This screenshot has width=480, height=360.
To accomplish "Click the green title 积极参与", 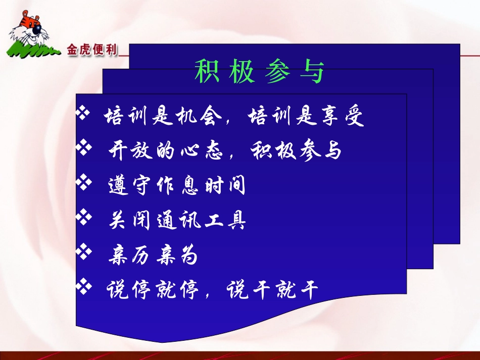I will [259, 72].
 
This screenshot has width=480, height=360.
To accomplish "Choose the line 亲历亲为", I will [153, 256].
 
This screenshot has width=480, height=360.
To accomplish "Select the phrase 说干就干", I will [272, 290].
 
